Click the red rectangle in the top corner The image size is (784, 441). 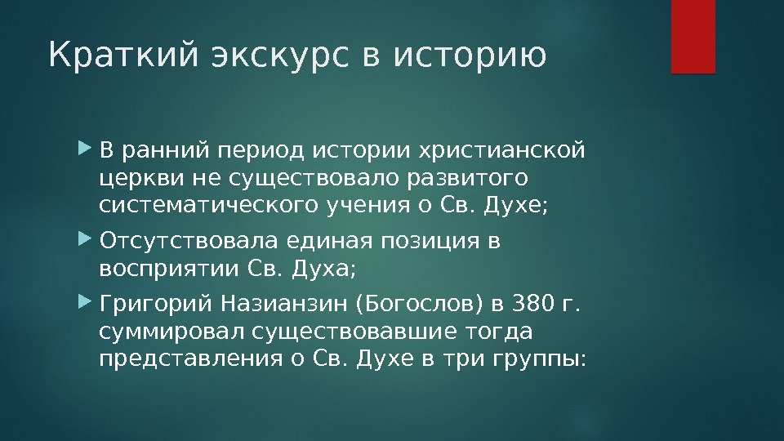[693, 36]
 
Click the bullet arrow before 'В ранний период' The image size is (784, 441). [87, 150]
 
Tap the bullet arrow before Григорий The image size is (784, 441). [87, 305]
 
